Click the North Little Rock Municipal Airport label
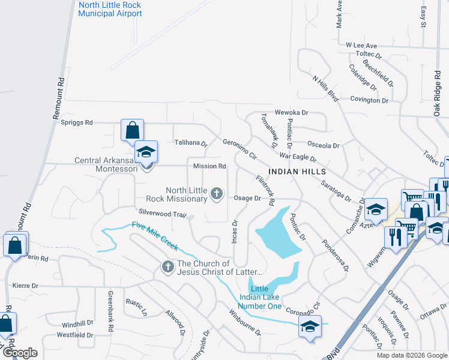pos(110,9)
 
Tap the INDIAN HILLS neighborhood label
pos(292,171)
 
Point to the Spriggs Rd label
pos(77,122)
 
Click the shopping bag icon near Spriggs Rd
pos(132,130)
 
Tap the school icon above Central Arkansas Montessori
pos(145,151)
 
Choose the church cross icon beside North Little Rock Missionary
pos(217,194)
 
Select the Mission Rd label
pos(209,166)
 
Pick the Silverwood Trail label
pos(163,214)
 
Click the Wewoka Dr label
pos(291,112)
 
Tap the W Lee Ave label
pos(361,46)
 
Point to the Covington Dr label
pos(370,100)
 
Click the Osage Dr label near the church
pos(247,198)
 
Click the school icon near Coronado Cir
pos(310,326)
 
